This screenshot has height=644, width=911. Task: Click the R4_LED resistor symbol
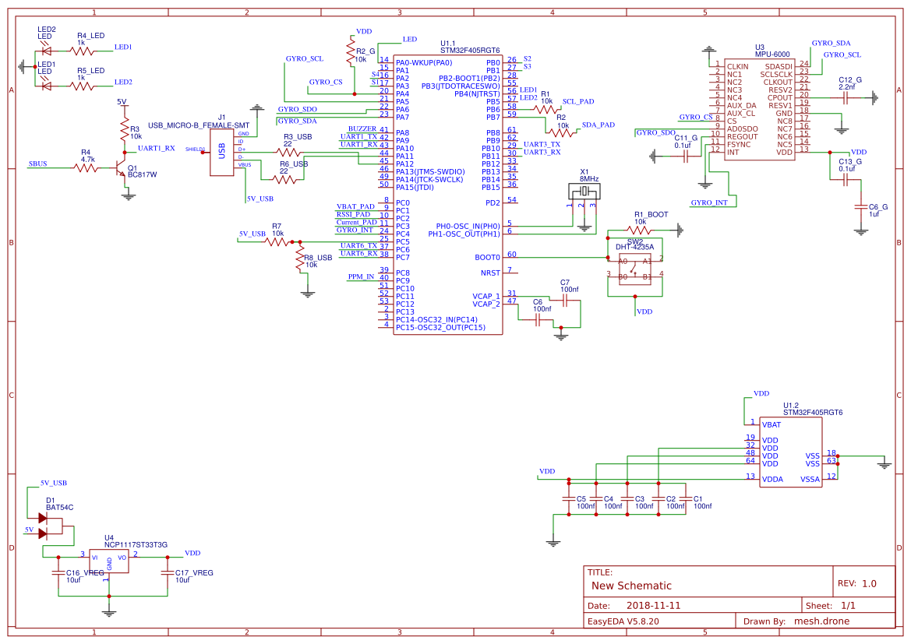tap(82, 51)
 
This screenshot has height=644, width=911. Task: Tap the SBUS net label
tap(37, 164)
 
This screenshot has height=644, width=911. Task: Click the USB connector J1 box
tap(222, 152)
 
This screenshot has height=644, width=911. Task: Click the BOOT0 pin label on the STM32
tap(487, 257)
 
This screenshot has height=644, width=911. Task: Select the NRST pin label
tap(490, 273)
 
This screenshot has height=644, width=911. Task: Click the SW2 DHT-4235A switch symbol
tap(635, 269)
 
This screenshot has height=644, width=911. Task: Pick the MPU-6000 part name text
tap(772, 54)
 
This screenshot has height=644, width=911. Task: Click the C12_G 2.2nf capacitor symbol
tap(849, 97)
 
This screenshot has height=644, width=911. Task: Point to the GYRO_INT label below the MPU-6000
tap(709, 202)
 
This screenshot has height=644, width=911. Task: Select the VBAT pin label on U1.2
tap(772, 425)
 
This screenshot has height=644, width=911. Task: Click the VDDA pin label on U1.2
tap(772, 480)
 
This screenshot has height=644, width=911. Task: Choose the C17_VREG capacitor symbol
tap(167, 572)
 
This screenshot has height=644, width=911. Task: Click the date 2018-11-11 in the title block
tap(653, 605)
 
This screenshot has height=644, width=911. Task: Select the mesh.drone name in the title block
tap(821, 621)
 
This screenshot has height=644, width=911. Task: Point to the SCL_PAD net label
tap(577, 101)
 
